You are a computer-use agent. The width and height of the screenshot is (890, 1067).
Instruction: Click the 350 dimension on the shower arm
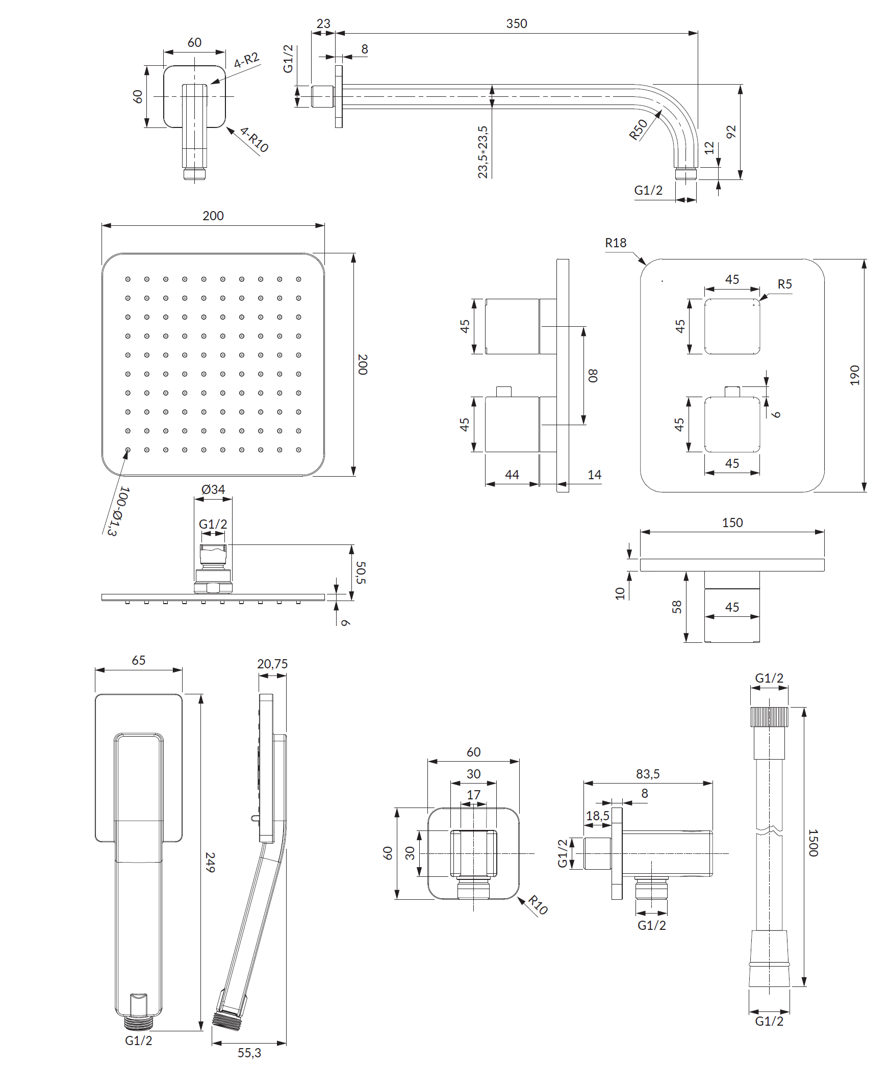click(x=516, y=23)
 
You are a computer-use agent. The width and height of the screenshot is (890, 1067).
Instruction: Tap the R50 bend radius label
click(x=638, y=129)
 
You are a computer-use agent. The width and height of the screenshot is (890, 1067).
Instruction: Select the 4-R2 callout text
click(x=247, y=60)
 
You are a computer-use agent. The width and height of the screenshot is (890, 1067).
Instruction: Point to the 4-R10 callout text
click(x=254, y=140)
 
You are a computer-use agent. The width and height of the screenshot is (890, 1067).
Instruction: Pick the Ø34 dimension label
click(x=213, y=489)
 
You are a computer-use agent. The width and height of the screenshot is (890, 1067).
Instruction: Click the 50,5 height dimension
click(x=361, y=572)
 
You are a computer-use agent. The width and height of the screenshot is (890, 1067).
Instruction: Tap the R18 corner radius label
click(x=616, y=243)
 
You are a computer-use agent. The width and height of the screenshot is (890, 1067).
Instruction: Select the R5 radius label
click(x=784, y=284)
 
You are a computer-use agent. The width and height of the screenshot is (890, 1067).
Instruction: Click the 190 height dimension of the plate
click(x=855, y=375)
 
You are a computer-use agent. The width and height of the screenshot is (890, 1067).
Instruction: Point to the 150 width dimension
click(x=732, y=523)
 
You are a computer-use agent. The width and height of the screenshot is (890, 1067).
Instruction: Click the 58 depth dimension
click(x=677, y=607)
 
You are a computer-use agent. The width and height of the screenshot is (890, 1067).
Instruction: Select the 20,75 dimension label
click(x=272, y=664)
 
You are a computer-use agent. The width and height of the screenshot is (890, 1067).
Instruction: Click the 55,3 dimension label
click(x=249, y=1052)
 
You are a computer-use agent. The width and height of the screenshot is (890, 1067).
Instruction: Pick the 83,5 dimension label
click(x=648, y=774)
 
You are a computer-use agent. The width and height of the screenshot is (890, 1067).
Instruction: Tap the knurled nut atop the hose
click(x=769, y=717)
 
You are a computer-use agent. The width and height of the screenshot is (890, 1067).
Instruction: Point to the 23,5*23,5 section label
click(x=483, y=152)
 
